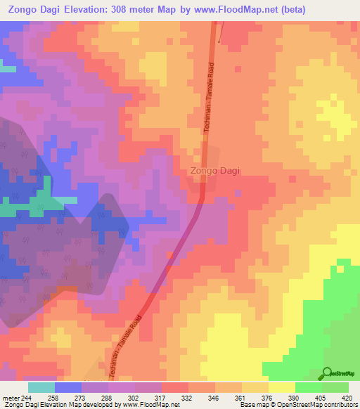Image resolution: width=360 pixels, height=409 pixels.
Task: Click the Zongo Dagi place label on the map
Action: (216, 170)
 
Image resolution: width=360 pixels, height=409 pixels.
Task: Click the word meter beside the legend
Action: (10, 397)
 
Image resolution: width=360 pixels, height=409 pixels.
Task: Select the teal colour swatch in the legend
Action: (41, 387)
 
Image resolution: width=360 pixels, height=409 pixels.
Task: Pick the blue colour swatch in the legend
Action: (68, 387)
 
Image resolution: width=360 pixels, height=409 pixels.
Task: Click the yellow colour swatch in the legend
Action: (282, 387)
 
